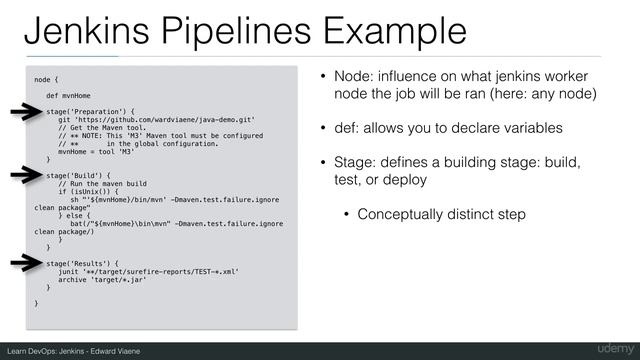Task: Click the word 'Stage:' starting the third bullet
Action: click(x=354, y=163)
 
